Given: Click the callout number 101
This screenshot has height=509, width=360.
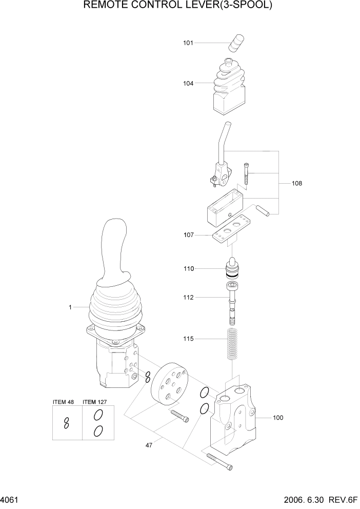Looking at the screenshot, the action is (x=188, y=43).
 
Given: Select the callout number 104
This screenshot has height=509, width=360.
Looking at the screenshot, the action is (x=188, y=83).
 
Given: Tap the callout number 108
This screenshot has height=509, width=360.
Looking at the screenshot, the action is (x=297, y=183).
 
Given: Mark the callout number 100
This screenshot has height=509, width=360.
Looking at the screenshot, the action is (x=277, y=418).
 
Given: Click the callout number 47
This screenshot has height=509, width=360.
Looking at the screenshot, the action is (x=149, y=445).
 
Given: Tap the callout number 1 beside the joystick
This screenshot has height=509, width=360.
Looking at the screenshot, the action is (x=70, y=307).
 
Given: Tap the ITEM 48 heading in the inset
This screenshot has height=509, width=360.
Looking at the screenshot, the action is (x=64, y=401).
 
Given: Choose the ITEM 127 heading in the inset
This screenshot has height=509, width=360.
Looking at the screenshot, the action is (x=95, y=401).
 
